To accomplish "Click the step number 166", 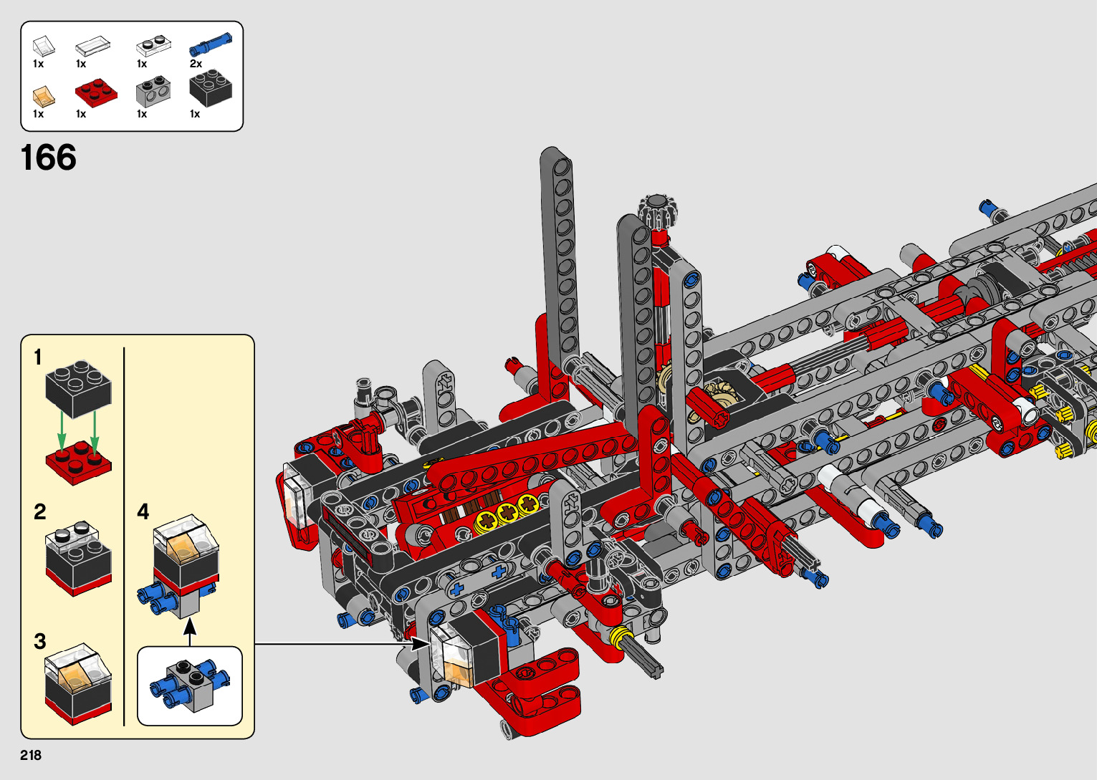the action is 49,158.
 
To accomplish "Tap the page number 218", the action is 31,756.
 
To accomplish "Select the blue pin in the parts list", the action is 211,44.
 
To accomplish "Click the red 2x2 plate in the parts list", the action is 97,92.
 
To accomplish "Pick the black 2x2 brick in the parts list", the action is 211,89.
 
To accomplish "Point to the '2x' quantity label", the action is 196,64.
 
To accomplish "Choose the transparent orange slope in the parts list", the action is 44,97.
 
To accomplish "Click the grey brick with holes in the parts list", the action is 153,91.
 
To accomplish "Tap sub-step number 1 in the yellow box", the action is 38,357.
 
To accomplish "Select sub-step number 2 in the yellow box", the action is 39,512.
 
